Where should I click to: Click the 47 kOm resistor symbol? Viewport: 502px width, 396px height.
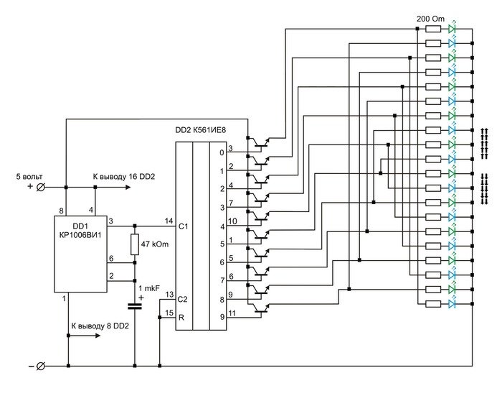tap(135, 244)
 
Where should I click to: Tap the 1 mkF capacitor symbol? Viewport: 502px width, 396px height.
tap(135, 306)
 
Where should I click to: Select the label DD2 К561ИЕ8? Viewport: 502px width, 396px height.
tap(200, 130)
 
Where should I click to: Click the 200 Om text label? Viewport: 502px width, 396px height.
tap(430, 19)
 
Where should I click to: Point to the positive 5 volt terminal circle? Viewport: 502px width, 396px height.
tap(41, 187)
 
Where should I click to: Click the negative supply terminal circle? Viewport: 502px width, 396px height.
tap(41, 366)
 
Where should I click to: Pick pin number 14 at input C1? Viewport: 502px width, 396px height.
tap(169, 221)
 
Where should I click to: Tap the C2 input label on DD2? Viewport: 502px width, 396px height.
tap(182, 300)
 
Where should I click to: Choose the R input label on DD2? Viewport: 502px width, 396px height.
tap(181, 318)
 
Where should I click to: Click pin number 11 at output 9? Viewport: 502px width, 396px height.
tap(232, 313)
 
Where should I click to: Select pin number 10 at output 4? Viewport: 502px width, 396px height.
tap(232, 221)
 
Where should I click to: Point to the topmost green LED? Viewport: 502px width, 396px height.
tap(452, 28)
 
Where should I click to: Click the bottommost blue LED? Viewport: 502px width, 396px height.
tap(452, 303)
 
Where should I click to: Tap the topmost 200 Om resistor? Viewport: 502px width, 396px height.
tap(433, 29)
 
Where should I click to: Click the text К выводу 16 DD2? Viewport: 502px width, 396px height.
tap(124, 177)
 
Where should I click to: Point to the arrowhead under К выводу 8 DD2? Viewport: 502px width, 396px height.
tap(97, 336)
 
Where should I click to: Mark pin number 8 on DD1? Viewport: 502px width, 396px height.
tap(61, 211)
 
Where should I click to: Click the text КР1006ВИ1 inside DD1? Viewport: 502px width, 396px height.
tap(80, 235)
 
